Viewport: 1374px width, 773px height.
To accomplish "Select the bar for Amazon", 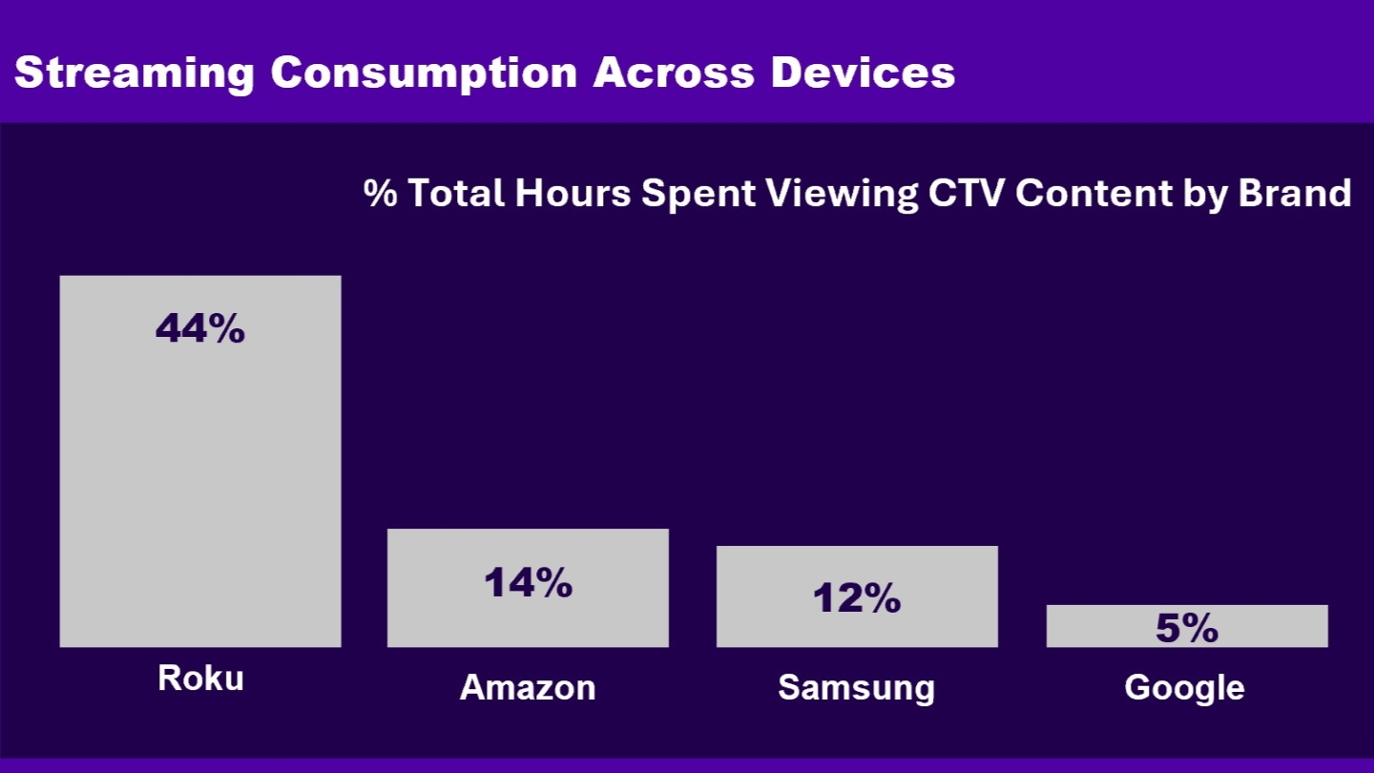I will pos(528,620).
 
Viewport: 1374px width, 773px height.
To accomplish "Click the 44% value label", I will pos(200,329).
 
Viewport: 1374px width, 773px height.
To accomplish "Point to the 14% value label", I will pos(528,582).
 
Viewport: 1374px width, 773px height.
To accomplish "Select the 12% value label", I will pos(857,598).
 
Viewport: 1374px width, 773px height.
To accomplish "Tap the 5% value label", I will pos(1187,628).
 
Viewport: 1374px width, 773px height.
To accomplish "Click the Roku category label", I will pos(200,678).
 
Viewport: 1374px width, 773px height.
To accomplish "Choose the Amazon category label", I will pos(528,687).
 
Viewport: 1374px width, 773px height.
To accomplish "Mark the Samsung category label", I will pos(857,687).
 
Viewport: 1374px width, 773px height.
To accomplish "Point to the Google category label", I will pos(1184,687).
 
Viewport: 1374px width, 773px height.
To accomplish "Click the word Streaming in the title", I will pos(135,73).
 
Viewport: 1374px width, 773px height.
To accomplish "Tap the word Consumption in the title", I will pos(424,73).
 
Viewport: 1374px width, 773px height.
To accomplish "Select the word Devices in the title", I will pos(863,73).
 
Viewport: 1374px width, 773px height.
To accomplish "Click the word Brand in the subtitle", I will pos(1295,193).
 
